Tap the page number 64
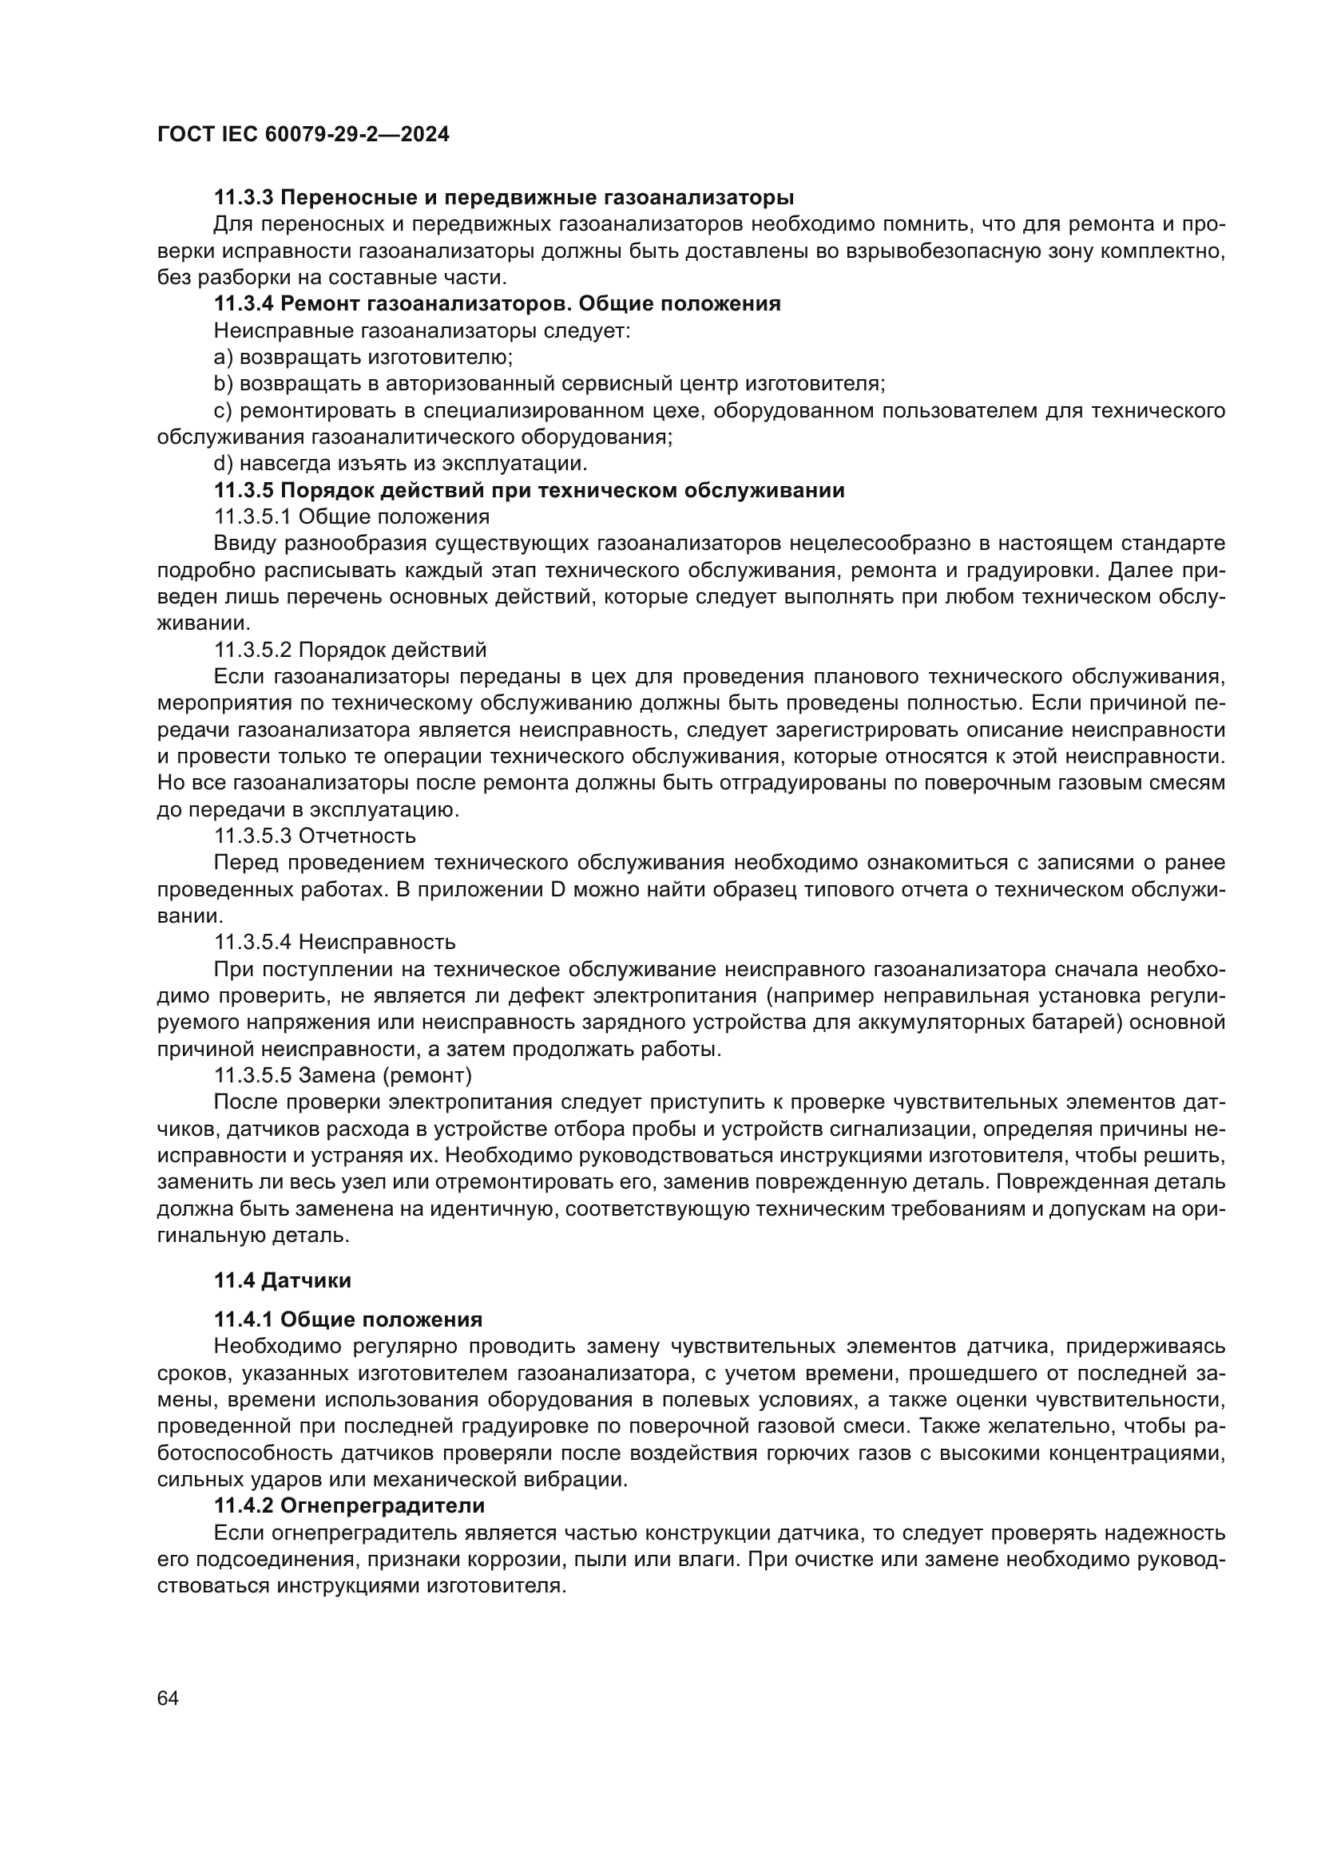[x=168, y=1698]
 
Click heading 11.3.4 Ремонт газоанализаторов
[x=496, y=304]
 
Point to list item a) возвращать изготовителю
[x=363, y=357]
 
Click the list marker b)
[x=223, y=384]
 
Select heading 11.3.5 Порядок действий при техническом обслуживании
[x=529, y=490]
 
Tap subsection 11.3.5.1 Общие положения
[x=351, y=517]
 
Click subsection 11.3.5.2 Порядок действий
[x=350, y=650]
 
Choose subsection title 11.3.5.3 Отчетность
[x=314, y=836]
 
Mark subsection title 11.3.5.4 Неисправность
[x=335, y=943]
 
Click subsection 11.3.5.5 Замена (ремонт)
[x=343, y=1076]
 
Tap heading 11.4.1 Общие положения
[x=348, y=1319]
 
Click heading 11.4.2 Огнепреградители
[x=349, y=1506]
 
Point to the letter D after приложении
[x=558, y=889]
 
